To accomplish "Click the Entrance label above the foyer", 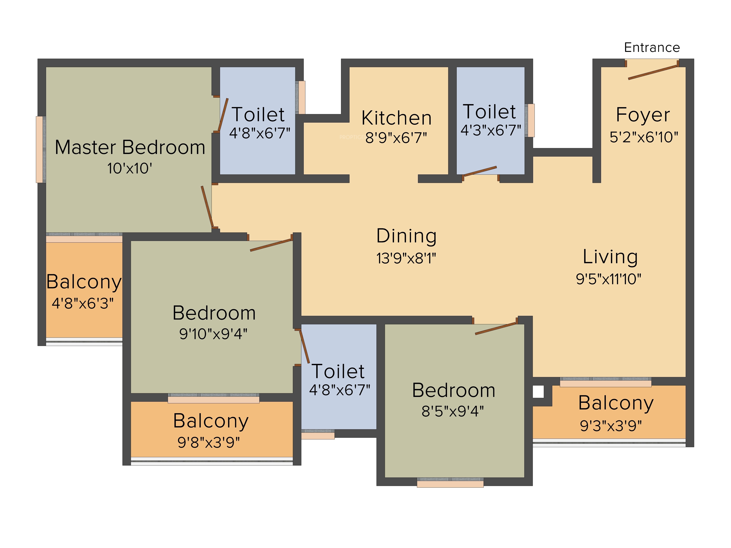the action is (652, 47).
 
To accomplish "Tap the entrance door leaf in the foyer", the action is (653, 72).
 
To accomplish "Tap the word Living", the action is (610, 257).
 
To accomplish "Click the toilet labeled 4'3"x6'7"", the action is (491, 121).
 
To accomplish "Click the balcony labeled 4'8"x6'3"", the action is (84, 290).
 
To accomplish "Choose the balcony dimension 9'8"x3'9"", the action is (209, 442).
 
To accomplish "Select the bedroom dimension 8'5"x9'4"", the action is (452, 411).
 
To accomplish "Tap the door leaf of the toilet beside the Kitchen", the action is (480, 171).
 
